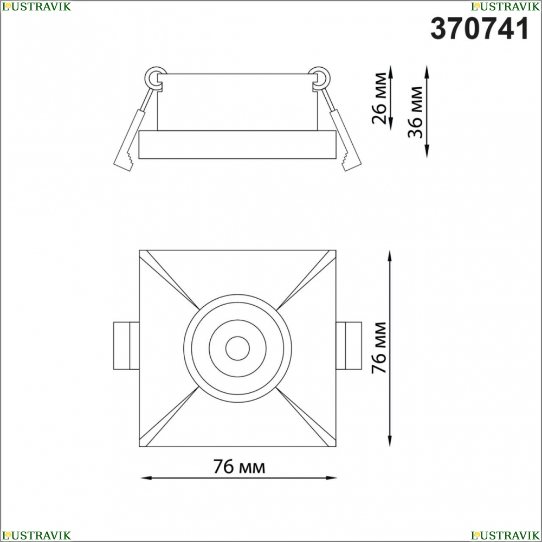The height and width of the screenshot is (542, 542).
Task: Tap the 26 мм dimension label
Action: click(379, 98)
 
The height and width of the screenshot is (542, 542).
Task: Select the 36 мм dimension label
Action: click(415, 112)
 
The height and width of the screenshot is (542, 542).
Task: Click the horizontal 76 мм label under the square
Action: click(239, 466)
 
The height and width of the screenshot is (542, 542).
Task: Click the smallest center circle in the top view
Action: click(237, 348)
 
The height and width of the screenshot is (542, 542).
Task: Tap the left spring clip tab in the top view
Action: click(126, 346)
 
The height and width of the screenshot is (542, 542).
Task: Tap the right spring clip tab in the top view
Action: click(349, 346)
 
